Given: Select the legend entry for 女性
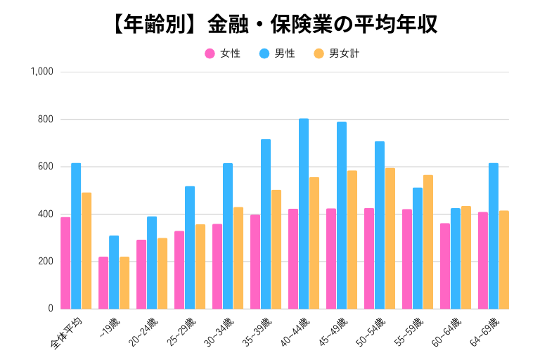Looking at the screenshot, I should pos(223,53).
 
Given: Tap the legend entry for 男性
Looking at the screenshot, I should pos(276,53).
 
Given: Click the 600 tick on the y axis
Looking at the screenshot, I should pos(46,167).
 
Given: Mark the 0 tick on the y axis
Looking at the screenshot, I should pos(50,309).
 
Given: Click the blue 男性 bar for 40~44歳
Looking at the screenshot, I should pos(304,214).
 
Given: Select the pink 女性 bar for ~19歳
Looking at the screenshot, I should pos(103,283).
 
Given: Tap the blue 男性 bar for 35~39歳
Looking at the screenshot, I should pos(266,224).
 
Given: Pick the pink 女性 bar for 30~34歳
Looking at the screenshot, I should pos(217,266).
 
